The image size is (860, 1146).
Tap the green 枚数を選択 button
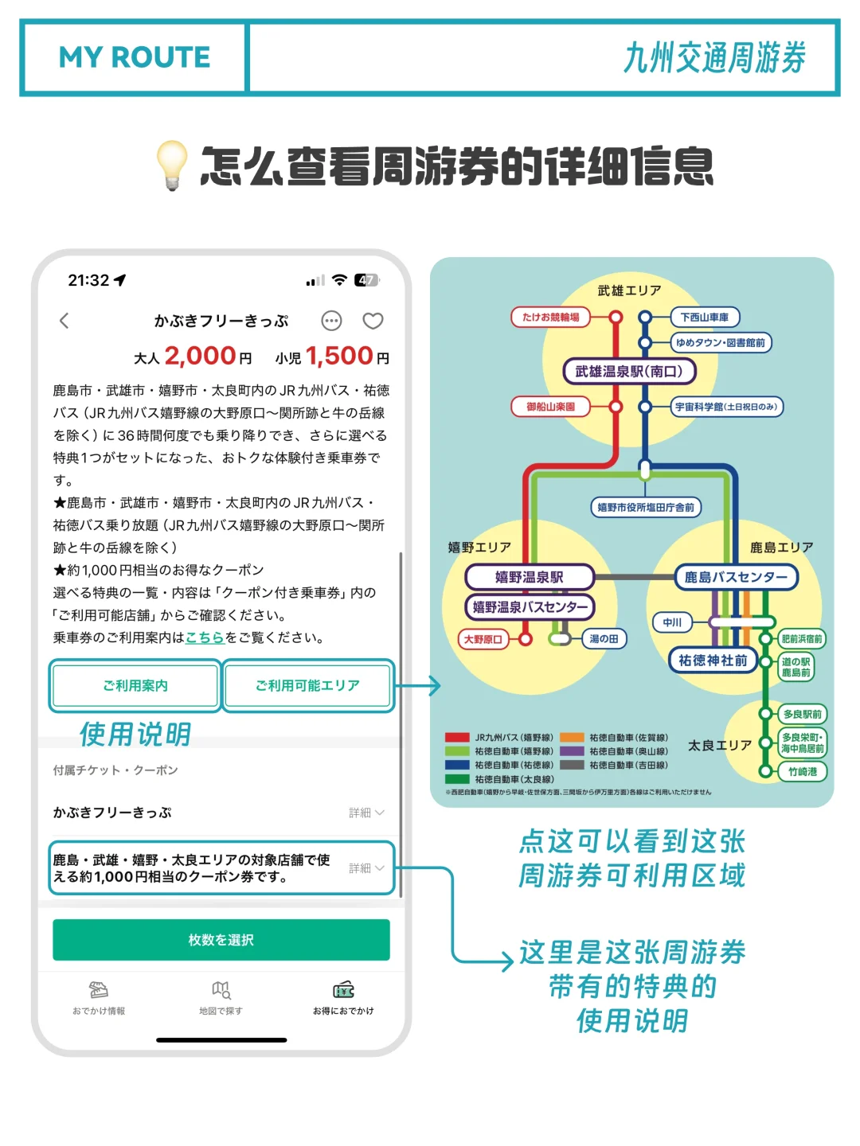click(x=221, y=940)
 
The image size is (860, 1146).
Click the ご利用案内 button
click(x=135, y=685)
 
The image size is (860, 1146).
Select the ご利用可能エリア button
click(x=307, y=685)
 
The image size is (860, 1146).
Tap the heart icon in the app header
click(x=373, y=321)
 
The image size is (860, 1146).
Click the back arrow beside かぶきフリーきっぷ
click(x=64, y=321)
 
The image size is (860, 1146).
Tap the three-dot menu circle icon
click(x=331, y=321)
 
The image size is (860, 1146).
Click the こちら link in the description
click(x=205, y=637)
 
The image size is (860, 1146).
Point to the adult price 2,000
click(x=200, y=356)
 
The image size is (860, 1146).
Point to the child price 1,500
click(x=339, y=356)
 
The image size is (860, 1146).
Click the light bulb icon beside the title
click(x=172, y=165)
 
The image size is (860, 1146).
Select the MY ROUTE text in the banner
click(x=135, y=57)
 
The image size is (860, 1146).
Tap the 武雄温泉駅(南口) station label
click(x=629, y=371)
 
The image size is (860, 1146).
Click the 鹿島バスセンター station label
click(x=736, y=577)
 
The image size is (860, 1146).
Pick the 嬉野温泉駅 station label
click(x=529, y=577)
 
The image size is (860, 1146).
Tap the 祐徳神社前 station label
click(x=713, y=661)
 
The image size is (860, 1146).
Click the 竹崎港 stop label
click(x=803, y=771)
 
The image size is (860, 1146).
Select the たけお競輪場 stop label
click(x=550, y=317)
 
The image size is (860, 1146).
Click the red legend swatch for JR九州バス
click(x=457, y=738)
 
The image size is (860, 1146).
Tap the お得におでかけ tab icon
click(x=343, y=990)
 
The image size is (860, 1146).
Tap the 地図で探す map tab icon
click(x=221, y=990)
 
